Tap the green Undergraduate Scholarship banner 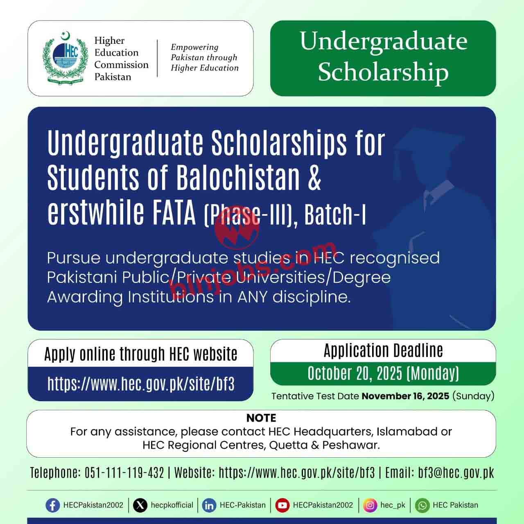click(x=383, y=58)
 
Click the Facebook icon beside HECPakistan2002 click(x=52, y=505)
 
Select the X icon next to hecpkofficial click(x=140, y=505)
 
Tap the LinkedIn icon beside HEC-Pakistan click(x=209, y=505)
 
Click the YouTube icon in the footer click(x=282, y=505)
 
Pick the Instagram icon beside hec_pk click(x=370, y=505)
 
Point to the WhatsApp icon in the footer click(x=422, y=505)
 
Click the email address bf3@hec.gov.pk click(x=456, y=473)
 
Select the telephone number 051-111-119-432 click(x=124, y=473)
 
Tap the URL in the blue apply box click(x=141, y=384)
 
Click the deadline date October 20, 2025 click(x=355, y=373)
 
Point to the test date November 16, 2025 click(x=405, y=396)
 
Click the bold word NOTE click(x=261, y=418)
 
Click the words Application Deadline click(x=383, y=351)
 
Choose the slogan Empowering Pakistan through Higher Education click(x=204, y=58)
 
